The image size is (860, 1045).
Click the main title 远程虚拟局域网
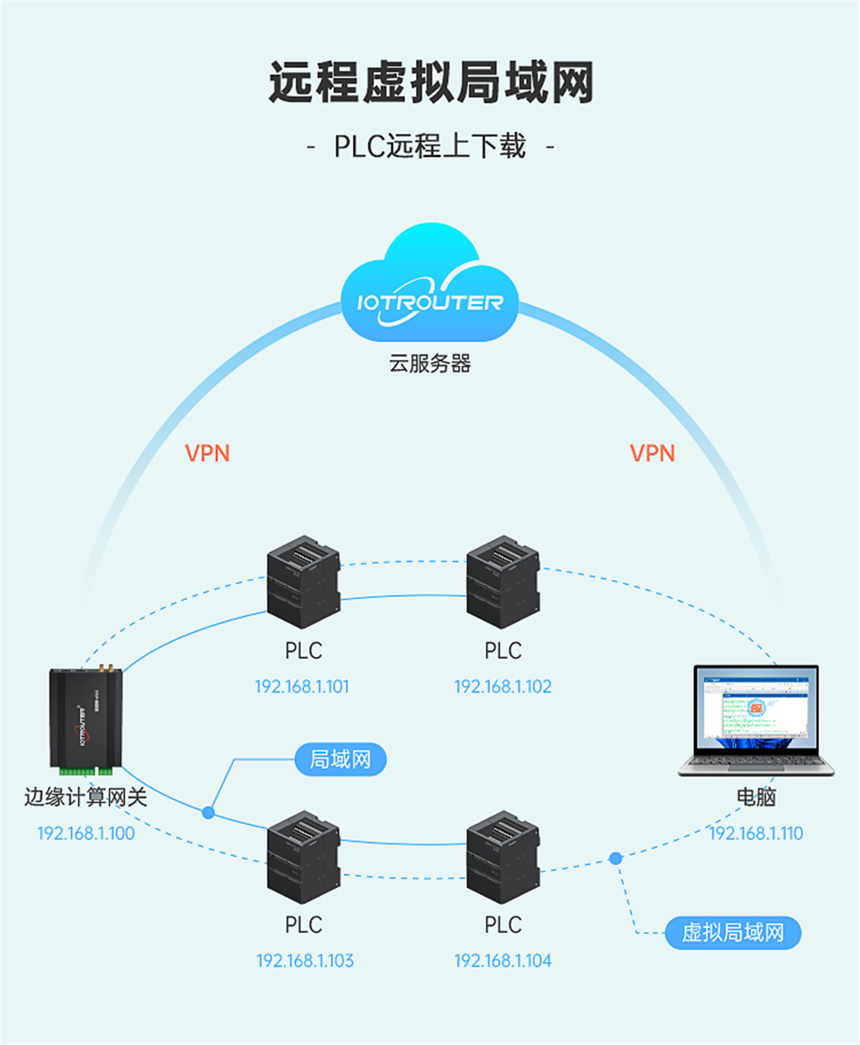tap(430, 83)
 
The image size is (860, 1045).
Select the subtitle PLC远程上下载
tap(430, 146)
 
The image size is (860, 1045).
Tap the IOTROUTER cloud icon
tap(430, 290)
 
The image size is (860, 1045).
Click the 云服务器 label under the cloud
tap(430, 363)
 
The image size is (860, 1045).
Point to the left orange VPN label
tap(207, 453)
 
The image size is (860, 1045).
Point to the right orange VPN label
tap(652, 453)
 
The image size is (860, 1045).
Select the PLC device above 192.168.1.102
tap(503, 583)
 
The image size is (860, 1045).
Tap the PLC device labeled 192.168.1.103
tap(303, 857)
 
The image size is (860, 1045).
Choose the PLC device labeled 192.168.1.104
tap(503, 857)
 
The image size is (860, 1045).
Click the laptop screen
tap(756, 709)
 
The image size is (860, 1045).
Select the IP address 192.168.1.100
tap(86, 833)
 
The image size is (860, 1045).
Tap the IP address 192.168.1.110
tap(756, 833)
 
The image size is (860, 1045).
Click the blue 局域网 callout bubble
tap(340, 760)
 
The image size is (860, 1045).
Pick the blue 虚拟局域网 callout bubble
tap(732, 933)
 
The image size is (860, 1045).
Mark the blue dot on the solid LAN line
tap(208, 812)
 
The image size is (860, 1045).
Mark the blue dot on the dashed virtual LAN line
tap(616, 858)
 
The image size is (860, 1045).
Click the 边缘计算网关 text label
tap(86, 797)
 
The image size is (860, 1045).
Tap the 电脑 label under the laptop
tap(756, 797)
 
